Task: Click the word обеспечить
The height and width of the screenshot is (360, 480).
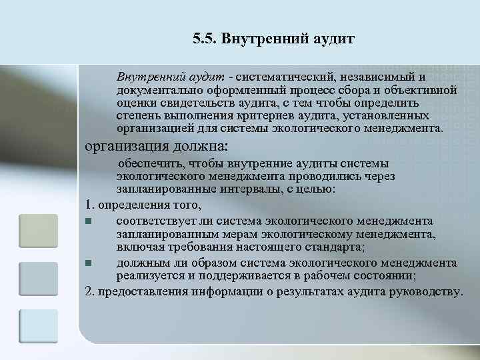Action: point(152,164)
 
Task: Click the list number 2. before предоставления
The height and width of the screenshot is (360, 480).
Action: point(91,292)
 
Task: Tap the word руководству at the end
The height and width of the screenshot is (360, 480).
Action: point(428,292)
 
